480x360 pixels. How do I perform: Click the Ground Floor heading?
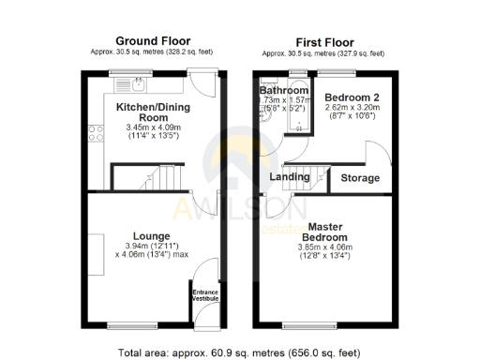tap(153, 41)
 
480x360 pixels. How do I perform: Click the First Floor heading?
tap(322, 41)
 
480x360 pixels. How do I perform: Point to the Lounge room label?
tap(151, 235)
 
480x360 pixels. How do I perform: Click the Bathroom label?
tap(284, 91)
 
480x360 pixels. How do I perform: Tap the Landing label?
tap(290, 177)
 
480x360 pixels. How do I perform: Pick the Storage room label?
tap(360, 178)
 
